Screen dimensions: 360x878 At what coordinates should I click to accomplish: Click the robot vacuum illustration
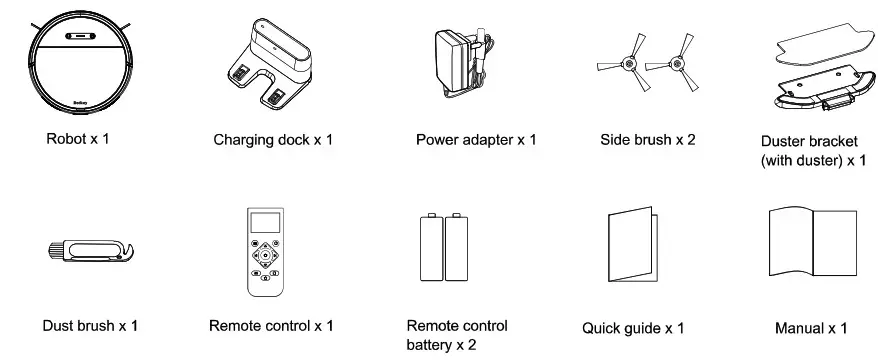[x=78, y=65]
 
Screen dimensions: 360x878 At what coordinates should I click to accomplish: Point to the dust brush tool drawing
[x=90, y=252]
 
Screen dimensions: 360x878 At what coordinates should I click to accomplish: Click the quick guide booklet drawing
[x=632, y=247]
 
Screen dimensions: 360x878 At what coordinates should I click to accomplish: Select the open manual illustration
[x=811, y=245]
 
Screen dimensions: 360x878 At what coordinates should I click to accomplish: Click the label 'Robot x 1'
[x=77, y=138]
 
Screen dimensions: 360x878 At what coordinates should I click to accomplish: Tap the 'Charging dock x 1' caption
[x=272, y=139]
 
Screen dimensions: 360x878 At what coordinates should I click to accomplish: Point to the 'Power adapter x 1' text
[x=476, y=139]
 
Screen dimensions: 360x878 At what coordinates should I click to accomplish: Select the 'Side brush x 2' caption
[x=647, y=139]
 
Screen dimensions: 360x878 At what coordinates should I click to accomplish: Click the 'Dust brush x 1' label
[x=90, y=326]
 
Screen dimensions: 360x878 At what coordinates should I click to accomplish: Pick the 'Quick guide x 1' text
[x=633, y=328]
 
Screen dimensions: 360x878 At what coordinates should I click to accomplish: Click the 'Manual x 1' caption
[x=811, y=328]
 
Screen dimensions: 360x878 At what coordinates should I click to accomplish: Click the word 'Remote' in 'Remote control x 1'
[x=234, y=326]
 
